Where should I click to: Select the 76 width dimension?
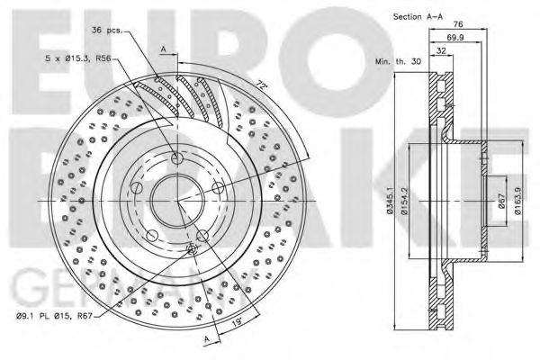click(457, 24)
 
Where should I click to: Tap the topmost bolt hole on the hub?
click(176, 158)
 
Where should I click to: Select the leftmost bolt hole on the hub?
click(137, 187)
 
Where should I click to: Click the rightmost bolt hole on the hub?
click(217, 187)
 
